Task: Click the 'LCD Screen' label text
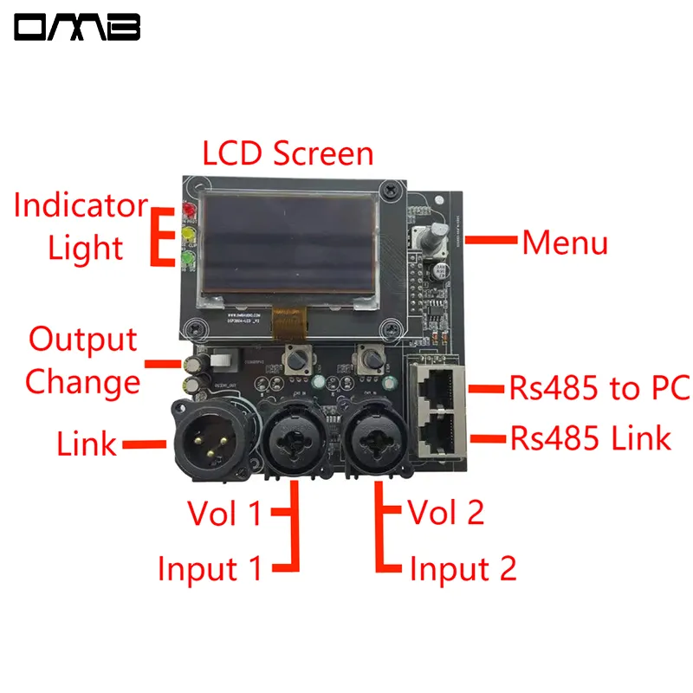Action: pos(288,153)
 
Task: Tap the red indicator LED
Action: pos(188,211)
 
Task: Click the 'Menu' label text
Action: pos(564,243)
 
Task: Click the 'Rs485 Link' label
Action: pos(590,438)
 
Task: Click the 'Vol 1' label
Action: pos(223,514)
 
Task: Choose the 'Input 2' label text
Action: pos(463,569)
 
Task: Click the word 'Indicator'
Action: pos(81,206)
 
